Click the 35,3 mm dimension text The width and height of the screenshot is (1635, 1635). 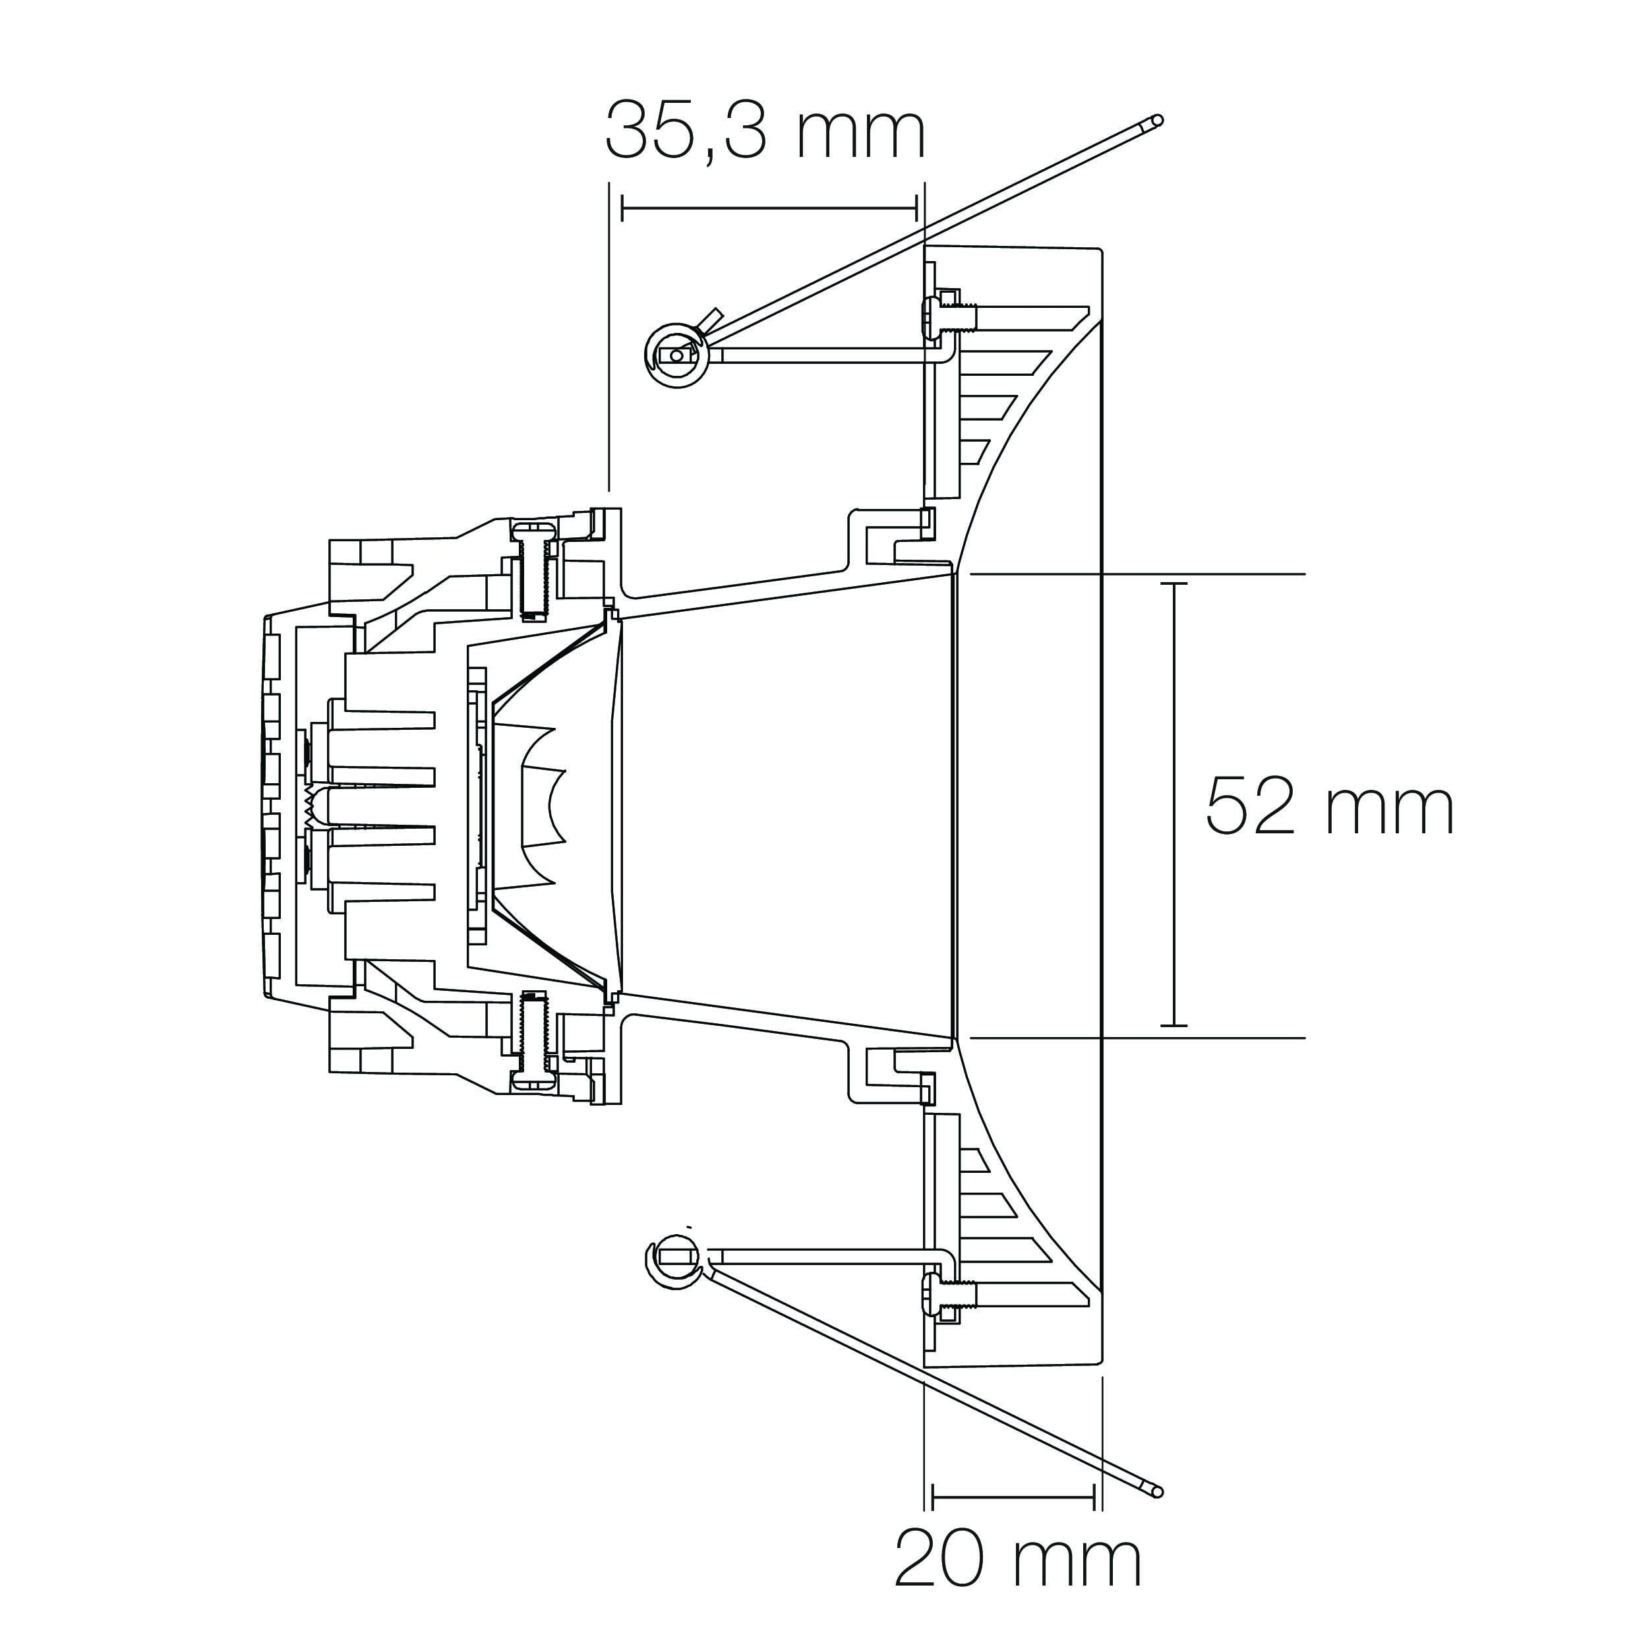[765, 131]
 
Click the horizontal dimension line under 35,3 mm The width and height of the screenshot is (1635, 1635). [769, 207]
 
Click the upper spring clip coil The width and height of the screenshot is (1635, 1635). [677, 355]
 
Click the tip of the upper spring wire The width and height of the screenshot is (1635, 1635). [1158, 120]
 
